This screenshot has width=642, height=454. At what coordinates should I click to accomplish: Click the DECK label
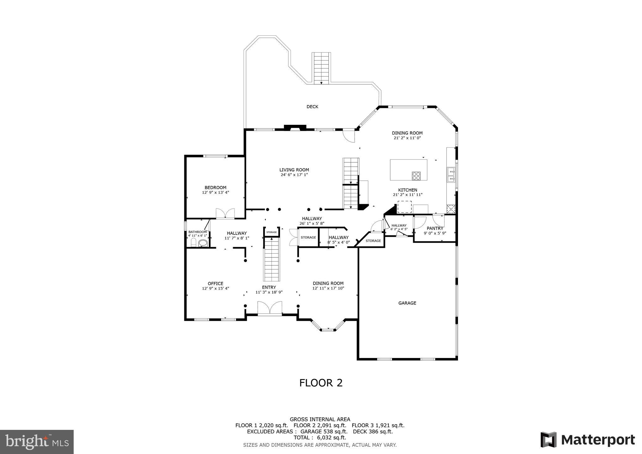(x=312, y=107)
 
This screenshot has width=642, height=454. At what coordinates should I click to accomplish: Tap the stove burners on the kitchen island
(x=416, y=176)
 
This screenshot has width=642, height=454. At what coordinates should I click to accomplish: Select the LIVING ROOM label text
(x=294, y=170)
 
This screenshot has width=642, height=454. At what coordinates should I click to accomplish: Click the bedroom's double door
(x=225, y=214)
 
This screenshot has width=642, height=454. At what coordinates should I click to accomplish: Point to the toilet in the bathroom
(x=193, y=243)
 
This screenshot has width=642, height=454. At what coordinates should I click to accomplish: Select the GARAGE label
(x=407, y=303)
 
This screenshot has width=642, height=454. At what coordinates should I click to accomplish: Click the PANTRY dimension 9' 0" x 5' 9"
(x=435, y=233)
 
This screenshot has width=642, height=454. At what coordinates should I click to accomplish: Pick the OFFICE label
(x=215, y=283)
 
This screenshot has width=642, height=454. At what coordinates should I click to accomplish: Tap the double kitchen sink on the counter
(x=451, y=175)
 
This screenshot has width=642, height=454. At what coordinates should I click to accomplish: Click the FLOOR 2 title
(x=321, y=383)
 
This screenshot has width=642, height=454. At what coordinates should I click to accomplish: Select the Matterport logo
(x=587, y=440)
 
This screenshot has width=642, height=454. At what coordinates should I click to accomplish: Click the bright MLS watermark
(x=37, y=442)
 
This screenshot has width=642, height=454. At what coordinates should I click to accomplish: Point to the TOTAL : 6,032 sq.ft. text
(x=320, y=437)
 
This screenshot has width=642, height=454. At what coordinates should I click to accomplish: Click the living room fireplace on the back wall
(x=295, y=127)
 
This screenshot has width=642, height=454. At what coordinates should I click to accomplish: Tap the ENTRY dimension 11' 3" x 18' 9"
(x=269, y=292)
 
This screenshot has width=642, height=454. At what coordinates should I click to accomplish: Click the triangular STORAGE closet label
(x=373, y=241)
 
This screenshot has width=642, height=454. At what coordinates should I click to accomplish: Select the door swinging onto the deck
(x=348, y=136)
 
